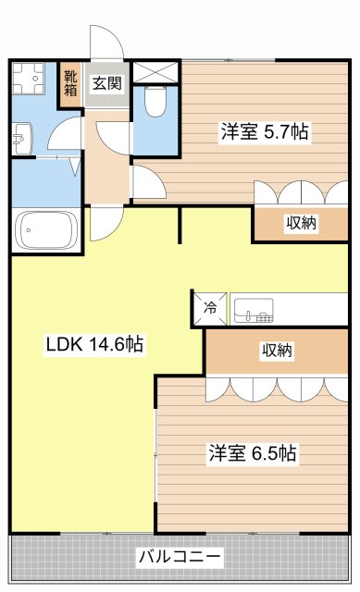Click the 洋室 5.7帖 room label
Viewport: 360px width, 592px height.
(264, 132)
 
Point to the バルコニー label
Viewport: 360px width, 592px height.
(180, 558)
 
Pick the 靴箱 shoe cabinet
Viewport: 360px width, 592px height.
(70, 82)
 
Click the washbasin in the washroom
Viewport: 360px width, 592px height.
(20, 141)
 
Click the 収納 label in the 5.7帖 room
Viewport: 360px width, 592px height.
(301, 223)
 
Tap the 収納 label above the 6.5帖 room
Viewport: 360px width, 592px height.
(276, 351)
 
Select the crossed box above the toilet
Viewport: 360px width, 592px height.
(155, 71)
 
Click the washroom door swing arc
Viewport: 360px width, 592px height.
(63, 139)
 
